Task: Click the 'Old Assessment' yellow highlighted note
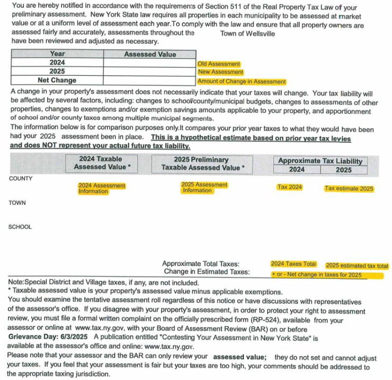tap(219, 64)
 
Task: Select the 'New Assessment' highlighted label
tap(221, 72)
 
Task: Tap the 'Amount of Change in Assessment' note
tap(241, 82)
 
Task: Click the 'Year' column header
tap(57, 54)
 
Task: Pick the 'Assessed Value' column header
tap(150, 54)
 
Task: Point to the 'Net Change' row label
tap(57, 80)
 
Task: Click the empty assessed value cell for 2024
tap(150, 63)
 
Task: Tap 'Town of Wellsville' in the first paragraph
tap(247, 34)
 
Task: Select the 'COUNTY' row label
tap(21, 178)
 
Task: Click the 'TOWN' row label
tap(17, 203)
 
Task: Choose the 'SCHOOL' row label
tap(20, 227)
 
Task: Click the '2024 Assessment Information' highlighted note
tap(102, 189)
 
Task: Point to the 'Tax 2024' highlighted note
tap(290, 187)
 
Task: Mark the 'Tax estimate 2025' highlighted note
tap(349, 189)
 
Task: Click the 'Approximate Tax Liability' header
tap(320, 161)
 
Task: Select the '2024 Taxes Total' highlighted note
tap(293, 264)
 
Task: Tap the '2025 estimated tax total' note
tap(357, 266)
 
